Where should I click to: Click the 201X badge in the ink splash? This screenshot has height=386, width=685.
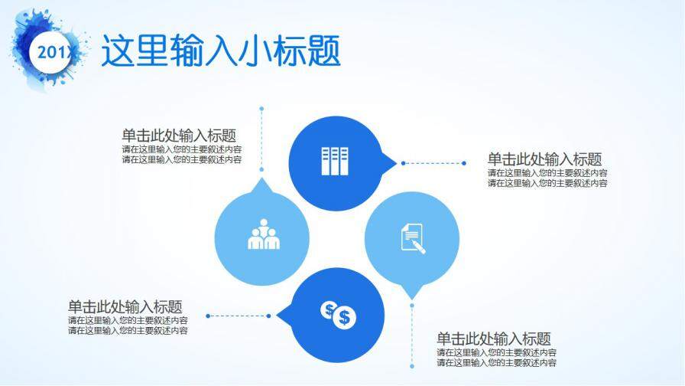[x=51, y=52]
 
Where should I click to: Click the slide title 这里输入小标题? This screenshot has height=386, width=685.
[x=221, y=51]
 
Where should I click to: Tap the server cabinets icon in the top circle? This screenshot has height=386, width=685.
[x=335, y=161]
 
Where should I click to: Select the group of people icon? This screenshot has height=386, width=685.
[x=264, y=234]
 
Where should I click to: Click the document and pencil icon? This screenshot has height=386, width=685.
[x=412, y=238]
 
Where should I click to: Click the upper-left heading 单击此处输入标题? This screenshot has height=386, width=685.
[x=179, y=136]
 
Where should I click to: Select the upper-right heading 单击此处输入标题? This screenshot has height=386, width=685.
[x=544, y=159]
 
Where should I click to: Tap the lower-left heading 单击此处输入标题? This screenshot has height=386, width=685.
[x=125, y=306]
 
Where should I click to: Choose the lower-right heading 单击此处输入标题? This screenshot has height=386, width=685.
[x=494, y=339]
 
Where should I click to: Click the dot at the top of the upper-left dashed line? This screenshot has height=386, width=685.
[x=261, y=108]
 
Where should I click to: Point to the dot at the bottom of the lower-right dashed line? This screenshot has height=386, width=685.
[x=412, y=366]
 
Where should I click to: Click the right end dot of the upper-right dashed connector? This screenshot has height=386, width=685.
[x=464, y=163]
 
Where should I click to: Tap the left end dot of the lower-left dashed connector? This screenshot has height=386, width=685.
[x=208, y=316]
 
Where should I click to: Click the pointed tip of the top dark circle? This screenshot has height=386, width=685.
[x=397, y=163]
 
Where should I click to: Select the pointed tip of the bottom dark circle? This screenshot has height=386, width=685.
[x=277, y=315]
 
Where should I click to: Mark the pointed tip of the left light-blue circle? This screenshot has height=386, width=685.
[x=261, y=178]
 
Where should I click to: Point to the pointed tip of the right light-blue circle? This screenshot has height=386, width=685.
[x=412, y=299]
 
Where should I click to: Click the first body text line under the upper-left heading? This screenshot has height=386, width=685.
[x=182, y=149]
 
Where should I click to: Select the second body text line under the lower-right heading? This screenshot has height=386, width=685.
[x=497, y=362]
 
